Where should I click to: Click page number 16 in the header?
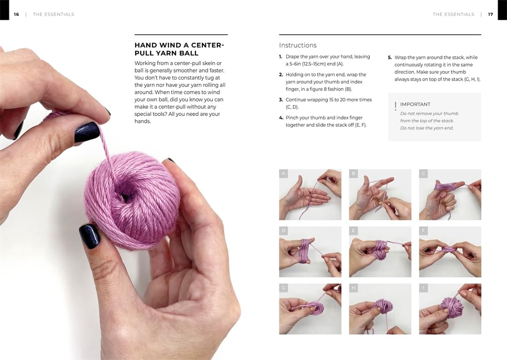click(16, 14)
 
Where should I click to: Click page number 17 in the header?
click(491, 14)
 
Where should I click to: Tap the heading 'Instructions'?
click(298, 45)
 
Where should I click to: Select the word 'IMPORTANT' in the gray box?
click(415, 104)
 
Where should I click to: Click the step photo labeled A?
click(310, 194)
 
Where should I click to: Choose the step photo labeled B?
click(380, 194)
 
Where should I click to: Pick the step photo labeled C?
click(450, 194)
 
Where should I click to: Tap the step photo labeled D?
click(310, 252)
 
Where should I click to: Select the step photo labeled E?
click(380, 252)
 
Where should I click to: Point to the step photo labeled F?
click(450, 252)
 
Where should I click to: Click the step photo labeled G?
click(310, 309)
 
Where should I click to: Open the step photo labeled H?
click(380, 309)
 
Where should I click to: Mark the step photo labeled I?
click(450, 309)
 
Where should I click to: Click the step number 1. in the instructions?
click(281, 57)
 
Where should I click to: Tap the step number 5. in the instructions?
click(390, 58)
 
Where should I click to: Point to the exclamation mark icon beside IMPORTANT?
click(395, 106)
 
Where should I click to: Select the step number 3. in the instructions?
click(281, 100)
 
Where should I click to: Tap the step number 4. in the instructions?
click(281, 118)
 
